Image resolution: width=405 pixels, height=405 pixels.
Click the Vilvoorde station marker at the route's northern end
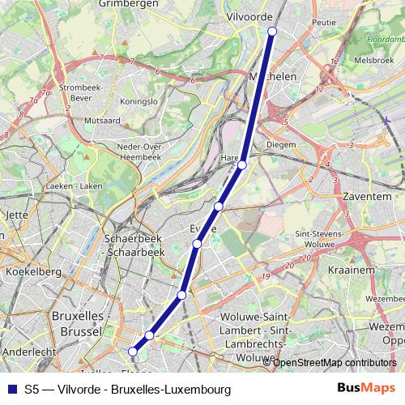(272, 31)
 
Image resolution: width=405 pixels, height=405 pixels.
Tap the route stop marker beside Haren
(242, 165)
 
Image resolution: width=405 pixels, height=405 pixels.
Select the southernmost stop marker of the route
(134, 351)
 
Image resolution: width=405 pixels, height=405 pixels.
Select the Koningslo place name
(138, 102)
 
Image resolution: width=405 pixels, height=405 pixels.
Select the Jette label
(17, 215)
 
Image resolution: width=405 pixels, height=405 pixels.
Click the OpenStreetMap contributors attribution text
(335, 362)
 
